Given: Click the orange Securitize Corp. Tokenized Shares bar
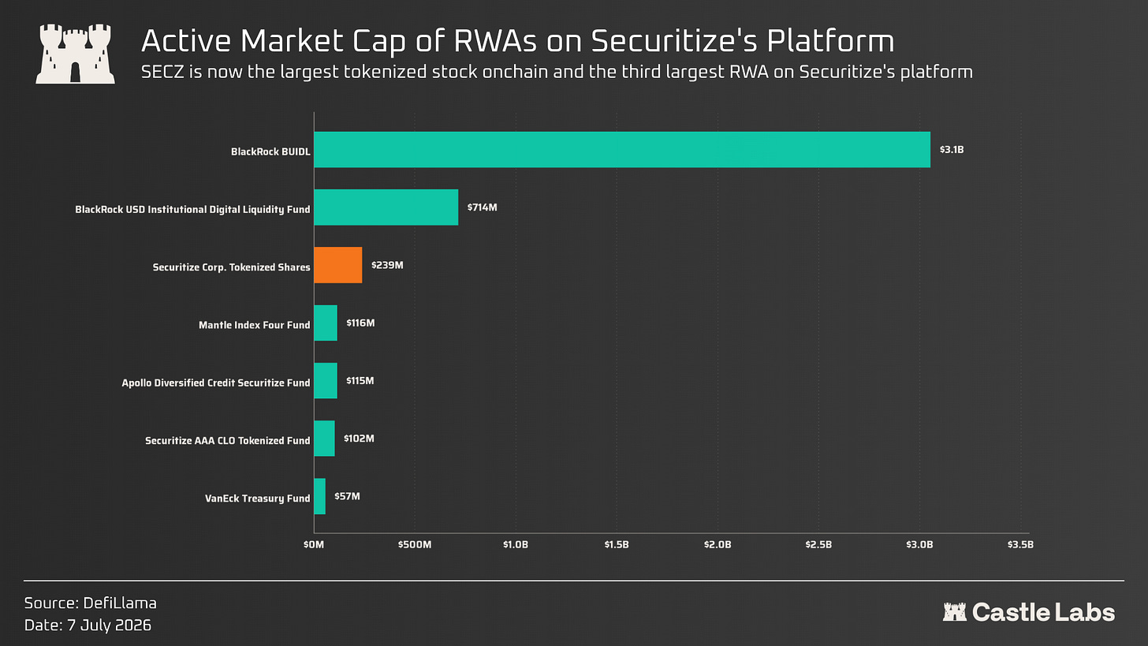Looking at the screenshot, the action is tap(337, 265).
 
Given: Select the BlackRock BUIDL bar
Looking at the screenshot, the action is tap(622, 150).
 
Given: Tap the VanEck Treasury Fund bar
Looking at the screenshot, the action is tap(320, 496).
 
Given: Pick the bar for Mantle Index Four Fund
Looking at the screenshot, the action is tap(326, 323).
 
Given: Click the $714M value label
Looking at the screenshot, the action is tap(483, 207).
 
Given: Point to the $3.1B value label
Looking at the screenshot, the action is tap(952, 150).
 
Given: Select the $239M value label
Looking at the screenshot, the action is tap(387, 265).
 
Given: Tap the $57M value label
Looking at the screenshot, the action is tap(347, 496).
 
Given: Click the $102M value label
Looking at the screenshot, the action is tap(359, 439).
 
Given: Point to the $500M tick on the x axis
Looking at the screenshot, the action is tap(415, 544).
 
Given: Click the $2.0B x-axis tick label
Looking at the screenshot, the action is tap(717, 544).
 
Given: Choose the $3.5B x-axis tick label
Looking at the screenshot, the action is tap(1020, 544).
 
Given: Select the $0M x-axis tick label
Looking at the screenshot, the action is tap(314, 544).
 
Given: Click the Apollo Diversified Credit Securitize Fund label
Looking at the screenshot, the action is tap(216, 383).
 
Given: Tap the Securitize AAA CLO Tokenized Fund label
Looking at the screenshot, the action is tap(228, 441).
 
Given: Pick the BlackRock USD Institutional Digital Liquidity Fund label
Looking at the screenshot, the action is tap(192, 210).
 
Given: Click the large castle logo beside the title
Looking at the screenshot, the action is tap(76, 54).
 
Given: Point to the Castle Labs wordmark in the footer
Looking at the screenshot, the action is tap(1029, 612).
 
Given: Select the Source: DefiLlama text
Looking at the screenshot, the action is tap(90, 603).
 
